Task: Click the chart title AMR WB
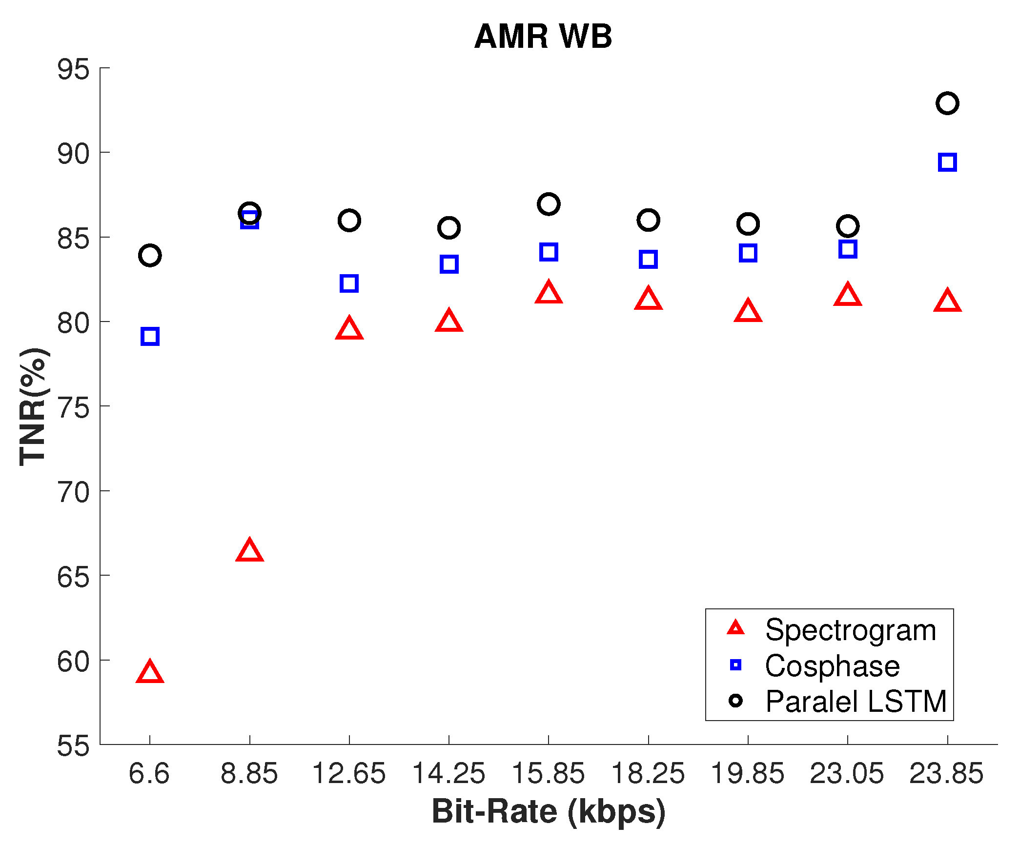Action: pyautogui.click(x=543, y=37)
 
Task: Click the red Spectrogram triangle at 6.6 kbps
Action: pyautogui.click(x=150, y=673)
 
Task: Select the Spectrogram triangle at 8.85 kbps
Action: pyautogui.click(x=249, y=551)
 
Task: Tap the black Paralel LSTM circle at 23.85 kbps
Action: pyautogui.click(x=947, y=103)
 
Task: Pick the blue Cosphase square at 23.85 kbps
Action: pyautogui.click(x=947, y=162)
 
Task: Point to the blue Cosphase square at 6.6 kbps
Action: pyautogui.click(x=150, y=337)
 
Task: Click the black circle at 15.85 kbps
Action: pyautogui.click(x=549, y=204)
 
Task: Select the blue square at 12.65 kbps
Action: pyautogui.click(x=349, y=283)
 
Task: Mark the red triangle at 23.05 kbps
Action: pyautogui.click(x=848, y=295)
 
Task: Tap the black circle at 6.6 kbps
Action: pyautogui.click(x=150, y=255)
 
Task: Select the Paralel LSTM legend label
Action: pyautogui.click(x=856, y=702)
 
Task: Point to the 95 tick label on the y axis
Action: pyautogui.click(x=73, y=69)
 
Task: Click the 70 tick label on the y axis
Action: pyautogui.click(x=73, y=492)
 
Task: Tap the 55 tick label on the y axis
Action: pyautogui.click(x=73, y=745)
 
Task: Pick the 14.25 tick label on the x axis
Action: pyautogui.click(x=448, y=773)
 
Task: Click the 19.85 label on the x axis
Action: pyautogui.click(x=748, y=773)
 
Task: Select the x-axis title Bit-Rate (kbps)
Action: pyautogui.click(x=549, y=812)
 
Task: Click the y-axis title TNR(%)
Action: pyautogui.click(x=33, y=407)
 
